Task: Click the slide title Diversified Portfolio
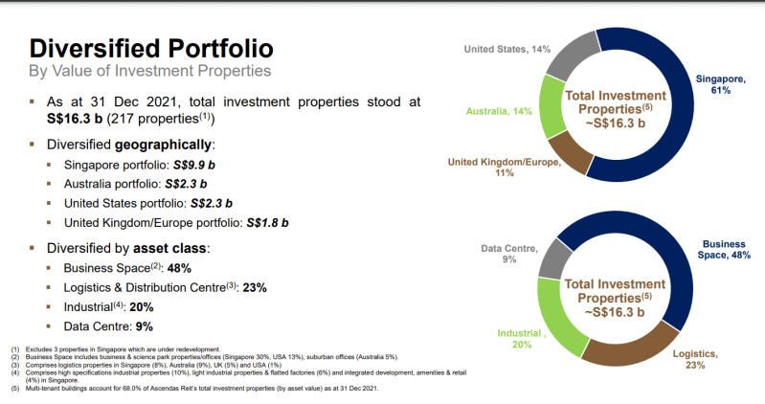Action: click(x=151, y=48)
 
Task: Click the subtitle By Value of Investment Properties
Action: click(x=149, y=71)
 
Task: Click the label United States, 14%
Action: click(x=508, y=49)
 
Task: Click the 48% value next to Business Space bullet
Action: click(x=181, y=268)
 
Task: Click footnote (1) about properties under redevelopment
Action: click(x=115, y=349)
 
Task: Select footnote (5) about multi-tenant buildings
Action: click(x=191, y=388)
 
